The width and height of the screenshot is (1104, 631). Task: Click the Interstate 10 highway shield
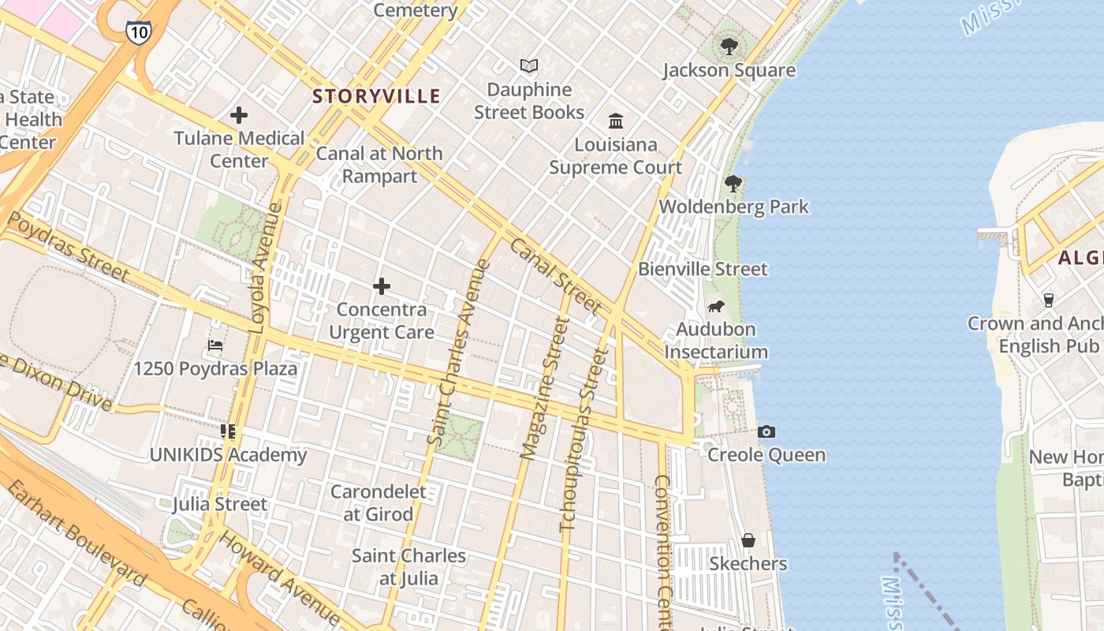[137, 31]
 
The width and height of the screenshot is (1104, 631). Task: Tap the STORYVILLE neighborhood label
[376, 96]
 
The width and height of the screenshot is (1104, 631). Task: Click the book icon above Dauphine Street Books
[529, 66]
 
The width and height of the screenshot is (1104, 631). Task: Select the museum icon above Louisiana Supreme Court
[616, 121]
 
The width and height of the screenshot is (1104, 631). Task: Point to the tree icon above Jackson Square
[729, 47]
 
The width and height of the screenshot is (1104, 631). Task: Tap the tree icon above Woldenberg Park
[733, 184]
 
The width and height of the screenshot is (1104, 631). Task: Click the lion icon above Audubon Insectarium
[715, 306]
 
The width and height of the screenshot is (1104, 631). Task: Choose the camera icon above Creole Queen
[766, 431]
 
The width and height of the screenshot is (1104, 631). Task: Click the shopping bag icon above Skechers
[748, 540]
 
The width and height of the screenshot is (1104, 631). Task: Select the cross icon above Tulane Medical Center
[239, 116]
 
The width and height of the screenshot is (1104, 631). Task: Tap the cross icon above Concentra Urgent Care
[382, 286]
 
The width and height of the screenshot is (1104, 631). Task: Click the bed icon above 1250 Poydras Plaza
[215, 345]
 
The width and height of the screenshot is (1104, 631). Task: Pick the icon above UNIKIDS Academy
[228, 431]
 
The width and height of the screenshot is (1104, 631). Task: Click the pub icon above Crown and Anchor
[1048, 301]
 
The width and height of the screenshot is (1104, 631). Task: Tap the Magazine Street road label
[545, 388]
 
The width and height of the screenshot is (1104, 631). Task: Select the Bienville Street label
[702, 269]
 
